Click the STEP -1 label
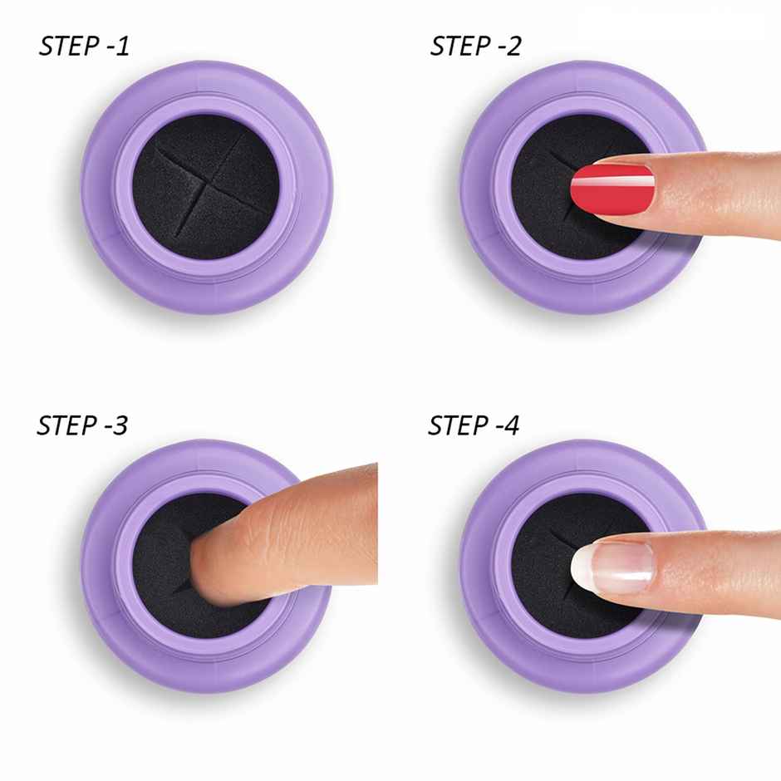click(x=84, y=47)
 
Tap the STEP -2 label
click(x=475, y=47)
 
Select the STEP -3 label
click(x=82, y=426)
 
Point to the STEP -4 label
click(x=474, y=426)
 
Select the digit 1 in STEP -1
click(x=123, y=47)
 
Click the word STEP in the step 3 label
click(x=67, y=426)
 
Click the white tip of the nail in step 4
click(x=582, y=567)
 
